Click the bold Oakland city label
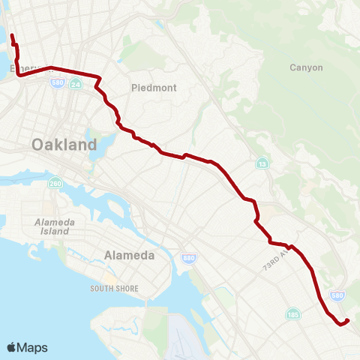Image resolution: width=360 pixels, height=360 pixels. coord(64,145)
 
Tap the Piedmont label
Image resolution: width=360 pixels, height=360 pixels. coord(154,88)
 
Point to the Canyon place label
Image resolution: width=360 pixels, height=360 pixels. coord(306,67)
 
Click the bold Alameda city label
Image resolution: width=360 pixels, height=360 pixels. coord(130,255)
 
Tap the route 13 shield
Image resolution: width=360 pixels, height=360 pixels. coord(262,163)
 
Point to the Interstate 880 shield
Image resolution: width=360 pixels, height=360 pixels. coord(188,258)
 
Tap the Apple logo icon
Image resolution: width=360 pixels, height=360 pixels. coord(12,347)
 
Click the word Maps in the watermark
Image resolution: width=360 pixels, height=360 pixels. coord(33,347)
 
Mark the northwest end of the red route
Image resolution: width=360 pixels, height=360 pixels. coord(11,34)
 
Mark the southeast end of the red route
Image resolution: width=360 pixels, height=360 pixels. coord(349,321)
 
